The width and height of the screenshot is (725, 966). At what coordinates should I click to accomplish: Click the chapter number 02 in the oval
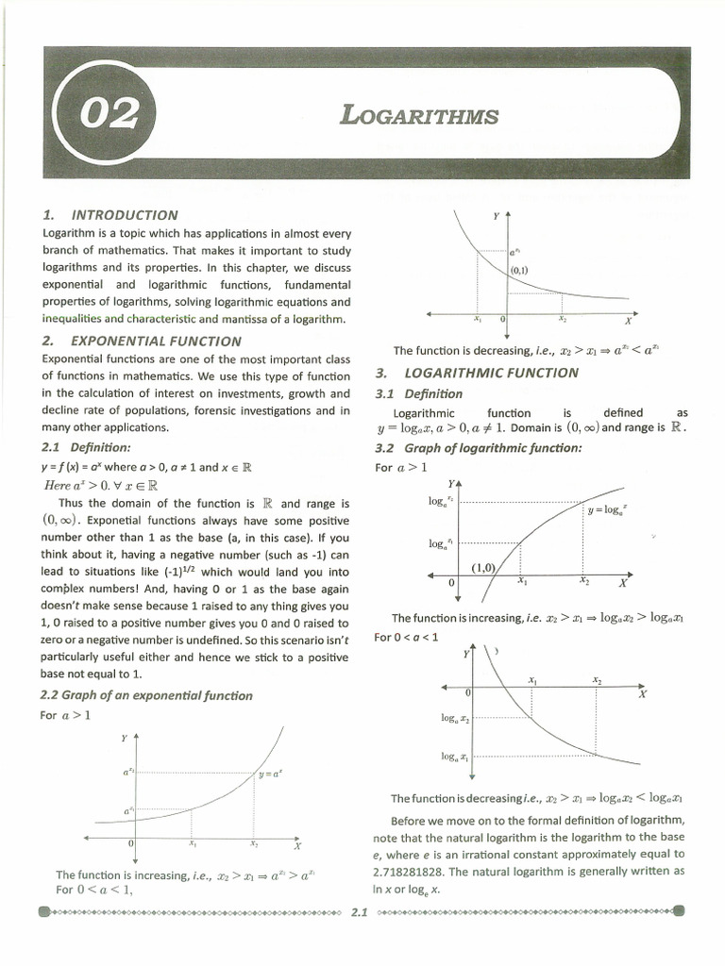111,118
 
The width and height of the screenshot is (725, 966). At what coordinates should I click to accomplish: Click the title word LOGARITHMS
418,116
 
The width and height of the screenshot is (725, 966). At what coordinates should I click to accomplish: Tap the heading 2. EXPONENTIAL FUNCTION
142,341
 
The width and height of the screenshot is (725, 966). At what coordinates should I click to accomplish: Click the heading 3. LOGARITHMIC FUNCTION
477,373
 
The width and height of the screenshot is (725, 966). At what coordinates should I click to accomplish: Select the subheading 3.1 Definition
419,393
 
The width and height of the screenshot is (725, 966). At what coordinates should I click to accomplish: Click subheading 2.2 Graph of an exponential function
146,695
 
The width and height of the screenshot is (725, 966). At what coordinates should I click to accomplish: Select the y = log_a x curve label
607,509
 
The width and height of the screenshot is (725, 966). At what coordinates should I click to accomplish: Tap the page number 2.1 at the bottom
360,912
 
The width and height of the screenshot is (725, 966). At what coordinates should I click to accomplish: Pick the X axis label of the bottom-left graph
297,845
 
